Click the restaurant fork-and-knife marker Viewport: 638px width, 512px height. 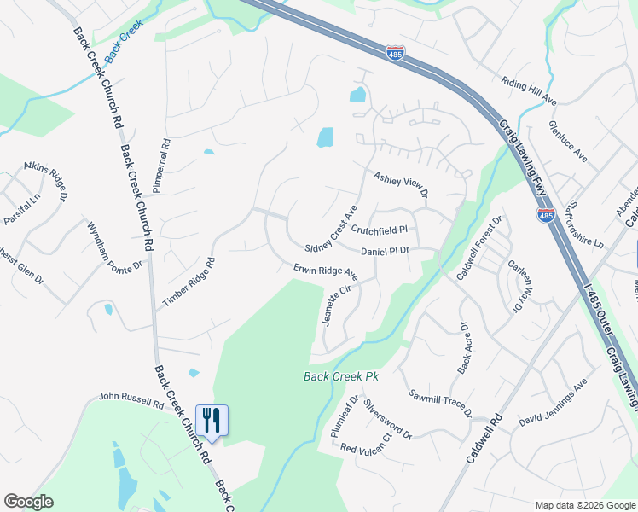point(212,420)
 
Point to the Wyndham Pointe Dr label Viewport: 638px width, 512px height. point(114,247)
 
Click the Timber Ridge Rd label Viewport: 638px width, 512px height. point(188,282)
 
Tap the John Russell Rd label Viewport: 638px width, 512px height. point(130,399)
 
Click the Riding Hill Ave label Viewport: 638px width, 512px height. point(529,91)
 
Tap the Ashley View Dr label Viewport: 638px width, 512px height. point(400,183)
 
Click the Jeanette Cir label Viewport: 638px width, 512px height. point(335,305)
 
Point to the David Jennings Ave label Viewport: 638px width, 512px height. point(554,403)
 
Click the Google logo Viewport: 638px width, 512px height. point(28,502)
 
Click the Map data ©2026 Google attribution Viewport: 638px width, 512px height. point(584,504)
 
